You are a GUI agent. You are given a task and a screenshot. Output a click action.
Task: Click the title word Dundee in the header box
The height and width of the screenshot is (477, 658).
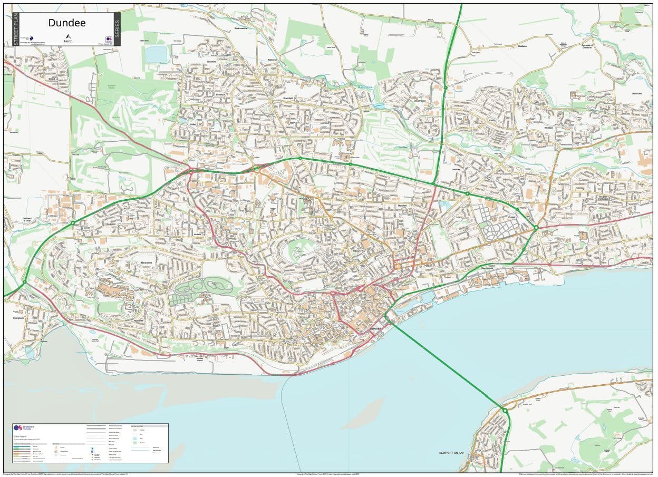click(67, 23)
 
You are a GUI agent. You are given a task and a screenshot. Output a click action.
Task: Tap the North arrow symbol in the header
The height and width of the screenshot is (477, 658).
click(68, 38)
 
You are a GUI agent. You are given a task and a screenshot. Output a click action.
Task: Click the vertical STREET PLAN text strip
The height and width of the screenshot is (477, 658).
click(16, 29)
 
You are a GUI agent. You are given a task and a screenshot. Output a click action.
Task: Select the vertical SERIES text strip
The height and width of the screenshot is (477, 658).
click(117, 29)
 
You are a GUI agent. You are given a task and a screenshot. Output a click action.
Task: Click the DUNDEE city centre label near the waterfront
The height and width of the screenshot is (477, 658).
click(375, 328)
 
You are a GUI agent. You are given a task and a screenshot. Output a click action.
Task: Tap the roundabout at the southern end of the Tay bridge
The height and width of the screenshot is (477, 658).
click(505, 410)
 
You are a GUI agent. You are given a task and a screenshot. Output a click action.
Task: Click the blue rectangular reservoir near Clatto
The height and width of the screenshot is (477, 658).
click(156, 54)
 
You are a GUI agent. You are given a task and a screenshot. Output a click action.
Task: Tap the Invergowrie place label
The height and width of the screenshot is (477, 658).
click(19, 318)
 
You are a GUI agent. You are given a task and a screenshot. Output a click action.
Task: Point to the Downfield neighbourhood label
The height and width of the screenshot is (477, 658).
click(288, 98)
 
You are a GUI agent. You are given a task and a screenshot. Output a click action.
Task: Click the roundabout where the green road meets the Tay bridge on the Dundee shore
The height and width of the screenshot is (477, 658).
click(386, 316)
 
